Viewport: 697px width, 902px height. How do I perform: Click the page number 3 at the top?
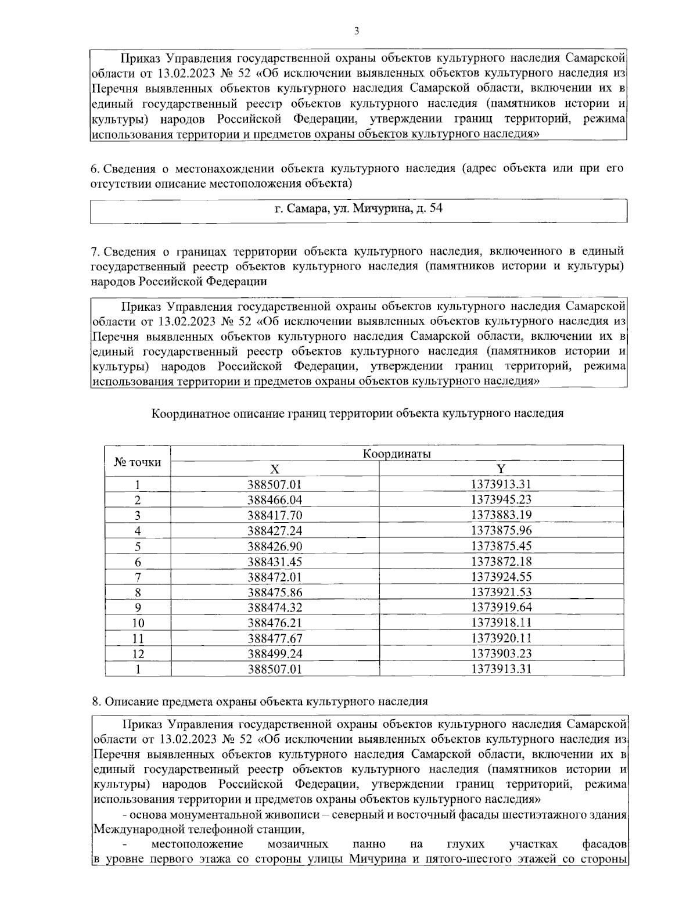355,31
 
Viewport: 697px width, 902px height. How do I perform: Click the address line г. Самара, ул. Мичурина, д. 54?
358,208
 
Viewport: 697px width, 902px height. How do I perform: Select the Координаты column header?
397,454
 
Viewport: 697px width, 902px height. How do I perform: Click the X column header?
275,469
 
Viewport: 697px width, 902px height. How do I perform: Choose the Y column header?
501,469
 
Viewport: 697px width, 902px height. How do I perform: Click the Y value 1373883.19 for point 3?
501,515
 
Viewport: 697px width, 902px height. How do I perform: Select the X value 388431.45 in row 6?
275,562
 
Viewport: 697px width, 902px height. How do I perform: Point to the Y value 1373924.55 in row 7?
501,577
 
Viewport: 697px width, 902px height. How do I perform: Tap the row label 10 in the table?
138,623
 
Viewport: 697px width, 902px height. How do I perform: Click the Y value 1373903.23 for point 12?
501,653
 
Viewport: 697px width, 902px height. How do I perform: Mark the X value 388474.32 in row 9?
275,608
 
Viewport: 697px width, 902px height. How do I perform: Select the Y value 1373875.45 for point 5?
501,546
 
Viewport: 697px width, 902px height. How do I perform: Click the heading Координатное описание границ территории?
357,414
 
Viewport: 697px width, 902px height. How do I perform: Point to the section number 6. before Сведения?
96,169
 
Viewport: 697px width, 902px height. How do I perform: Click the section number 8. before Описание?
96,701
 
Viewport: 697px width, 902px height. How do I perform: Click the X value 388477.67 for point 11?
275,638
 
